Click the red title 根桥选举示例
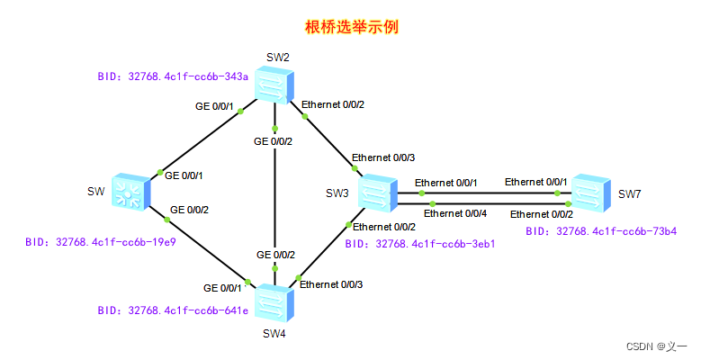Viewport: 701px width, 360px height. [351, 27]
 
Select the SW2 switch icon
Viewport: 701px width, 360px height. [274, 85]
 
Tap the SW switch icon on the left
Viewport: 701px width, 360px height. [131, 193]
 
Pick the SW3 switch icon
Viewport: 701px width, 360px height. [378, 193]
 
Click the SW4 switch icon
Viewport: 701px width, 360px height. [274, 302]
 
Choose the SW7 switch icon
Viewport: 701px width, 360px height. [591, 193]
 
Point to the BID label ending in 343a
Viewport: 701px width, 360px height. [173, 76]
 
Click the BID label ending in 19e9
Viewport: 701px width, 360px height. [101, 242]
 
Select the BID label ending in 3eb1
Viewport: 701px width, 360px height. [420, 244]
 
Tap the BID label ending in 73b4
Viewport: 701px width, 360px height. [601, 231]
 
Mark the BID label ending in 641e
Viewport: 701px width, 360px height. [173, 310]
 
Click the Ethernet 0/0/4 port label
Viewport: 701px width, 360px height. [455, 214]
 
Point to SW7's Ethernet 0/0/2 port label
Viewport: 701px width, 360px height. [542, 215]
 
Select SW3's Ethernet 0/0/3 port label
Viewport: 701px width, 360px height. [383, 157]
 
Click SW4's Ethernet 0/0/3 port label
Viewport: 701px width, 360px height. [331, 285]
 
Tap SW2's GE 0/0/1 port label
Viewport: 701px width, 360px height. [214, 106]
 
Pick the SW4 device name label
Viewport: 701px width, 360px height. [274, 334]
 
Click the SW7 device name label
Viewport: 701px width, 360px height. [630, 194]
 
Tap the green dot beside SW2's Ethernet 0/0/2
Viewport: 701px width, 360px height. [305, 117]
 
